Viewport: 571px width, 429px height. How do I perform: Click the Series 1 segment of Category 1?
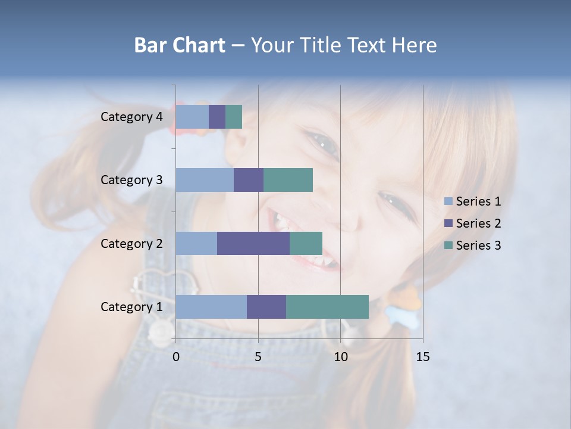(x=211, y=307)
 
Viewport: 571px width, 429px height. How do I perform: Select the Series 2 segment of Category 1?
(x=266, y=307)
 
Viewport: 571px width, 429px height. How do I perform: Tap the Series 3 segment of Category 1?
(x=327, y=307)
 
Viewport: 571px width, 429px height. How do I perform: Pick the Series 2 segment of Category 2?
(x=253, y=244)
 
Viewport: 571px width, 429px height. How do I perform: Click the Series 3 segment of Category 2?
(x=306, y=244)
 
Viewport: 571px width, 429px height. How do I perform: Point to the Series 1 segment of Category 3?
(x=205, y=180)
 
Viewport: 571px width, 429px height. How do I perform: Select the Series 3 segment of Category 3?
(x=288, y=180)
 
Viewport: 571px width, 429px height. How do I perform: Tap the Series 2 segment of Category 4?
(x=217, y=117)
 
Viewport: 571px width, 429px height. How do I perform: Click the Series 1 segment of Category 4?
(x=192, y=117)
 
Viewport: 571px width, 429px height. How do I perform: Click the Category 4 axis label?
(x=131, y=117)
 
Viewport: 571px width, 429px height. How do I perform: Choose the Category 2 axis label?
(x=131, y=244)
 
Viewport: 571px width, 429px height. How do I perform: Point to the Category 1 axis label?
(x=131, y=307)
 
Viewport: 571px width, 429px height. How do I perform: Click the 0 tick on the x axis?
(x=176, y=357)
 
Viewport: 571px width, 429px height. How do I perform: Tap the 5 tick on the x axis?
(x=258, y=357)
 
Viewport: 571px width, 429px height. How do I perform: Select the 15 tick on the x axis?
(x=422, y=357)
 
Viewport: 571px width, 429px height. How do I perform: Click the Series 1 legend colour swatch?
(x=448, y=201)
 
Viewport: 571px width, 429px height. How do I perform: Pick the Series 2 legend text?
(x=478, y=223)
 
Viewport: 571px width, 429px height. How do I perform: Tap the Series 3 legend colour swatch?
(x=448, y=245)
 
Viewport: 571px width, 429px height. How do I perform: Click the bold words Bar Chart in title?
(x=180, y=45)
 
